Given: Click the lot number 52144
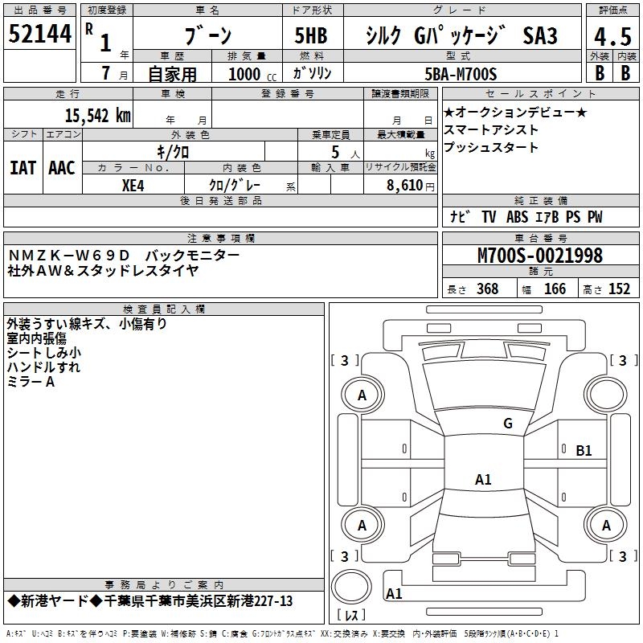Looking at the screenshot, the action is pos(39,34).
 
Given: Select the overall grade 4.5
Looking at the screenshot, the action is pos(612,36).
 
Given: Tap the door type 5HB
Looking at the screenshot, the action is pos(311,35).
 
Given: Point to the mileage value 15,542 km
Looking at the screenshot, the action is pos(97,116).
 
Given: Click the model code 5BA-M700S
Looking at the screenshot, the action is pos(461,74).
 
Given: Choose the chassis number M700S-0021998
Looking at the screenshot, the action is pos(540,256).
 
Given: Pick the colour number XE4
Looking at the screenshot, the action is pos(133,186).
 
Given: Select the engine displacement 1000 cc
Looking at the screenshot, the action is pos(252,74).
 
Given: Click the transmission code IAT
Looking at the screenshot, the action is pos(23,168).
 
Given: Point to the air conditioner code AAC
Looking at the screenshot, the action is pos(62,168).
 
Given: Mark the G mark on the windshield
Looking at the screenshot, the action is pos(508,424).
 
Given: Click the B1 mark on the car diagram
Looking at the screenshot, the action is pos(584,451).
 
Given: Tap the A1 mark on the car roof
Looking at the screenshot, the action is pos(483,479).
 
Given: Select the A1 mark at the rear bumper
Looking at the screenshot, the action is pos(394,594).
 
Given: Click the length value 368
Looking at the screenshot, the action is pos(488,289).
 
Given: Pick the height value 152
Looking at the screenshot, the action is pos(619,289).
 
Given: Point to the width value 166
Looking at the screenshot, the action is pos(555,289).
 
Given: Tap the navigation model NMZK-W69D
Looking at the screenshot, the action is pos(68,256).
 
